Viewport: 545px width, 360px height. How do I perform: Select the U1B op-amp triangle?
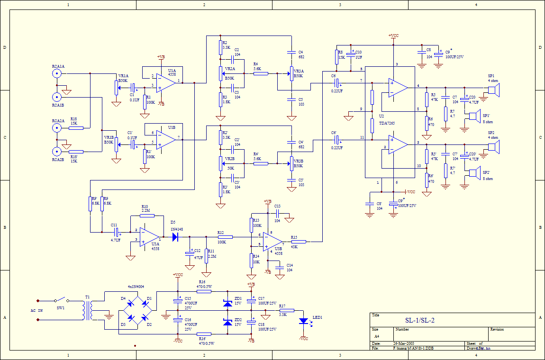click(164, 139)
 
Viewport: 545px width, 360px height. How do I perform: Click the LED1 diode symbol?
click(303, 321)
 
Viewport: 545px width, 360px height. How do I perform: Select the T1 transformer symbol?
click(88, 310)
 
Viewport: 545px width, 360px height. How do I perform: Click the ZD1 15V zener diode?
click(227, 302)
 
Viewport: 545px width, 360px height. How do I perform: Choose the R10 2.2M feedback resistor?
click(147, 216)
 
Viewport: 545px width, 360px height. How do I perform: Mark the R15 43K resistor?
click(299, 242)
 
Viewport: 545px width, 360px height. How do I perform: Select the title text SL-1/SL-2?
click(419, 321)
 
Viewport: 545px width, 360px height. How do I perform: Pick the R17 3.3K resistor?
click(287, 310)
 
